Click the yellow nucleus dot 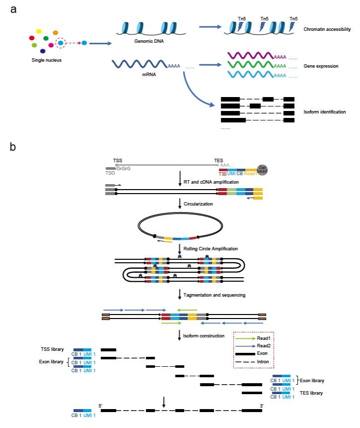point(39,31)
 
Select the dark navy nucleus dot point(43,51)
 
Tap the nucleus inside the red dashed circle point(61,43)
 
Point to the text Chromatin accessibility point(327,30)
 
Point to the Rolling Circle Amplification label point(211,248)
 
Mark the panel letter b point(13,147)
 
